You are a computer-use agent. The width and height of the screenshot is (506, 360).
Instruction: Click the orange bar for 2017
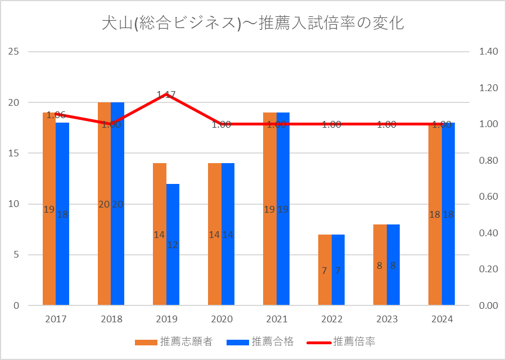[49, 253]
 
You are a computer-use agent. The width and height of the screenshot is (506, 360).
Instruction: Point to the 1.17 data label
[166, 95]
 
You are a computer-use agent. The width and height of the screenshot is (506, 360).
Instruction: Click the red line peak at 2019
[166, 94]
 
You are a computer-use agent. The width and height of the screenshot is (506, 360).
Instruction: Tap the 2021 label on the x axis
[277, 319]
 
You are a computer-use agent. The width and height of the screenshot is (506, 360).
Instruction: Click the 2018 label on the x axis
[111, 319]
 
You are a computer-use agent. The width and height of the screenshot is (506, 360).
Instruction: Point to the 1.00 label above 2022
[332, 125]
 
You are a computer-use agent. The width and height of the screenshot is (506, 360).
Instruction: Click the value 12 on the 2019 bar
[173, 245]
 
